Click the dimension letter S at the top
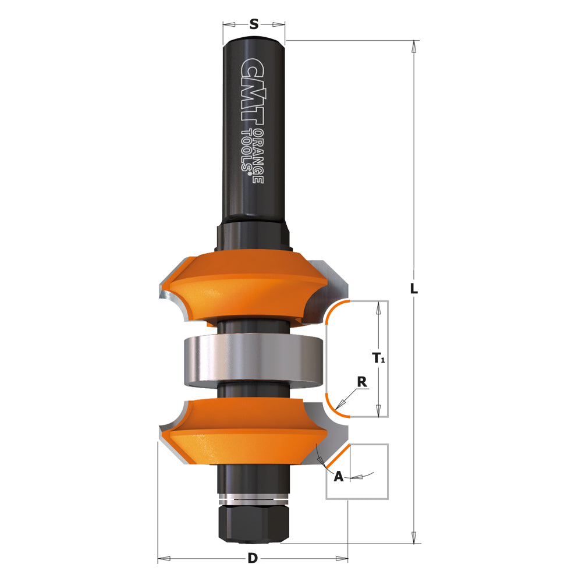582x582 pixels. pos(254,24)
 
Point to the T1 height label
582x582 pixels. pos(379,359)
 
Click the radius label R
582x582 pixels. pos(361,382)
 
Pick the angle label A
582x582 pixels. pos(338,477)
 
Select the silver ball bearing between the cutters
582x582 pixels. pos(253,361)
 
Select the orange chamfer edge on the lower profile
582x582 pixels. pos(337,456)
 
